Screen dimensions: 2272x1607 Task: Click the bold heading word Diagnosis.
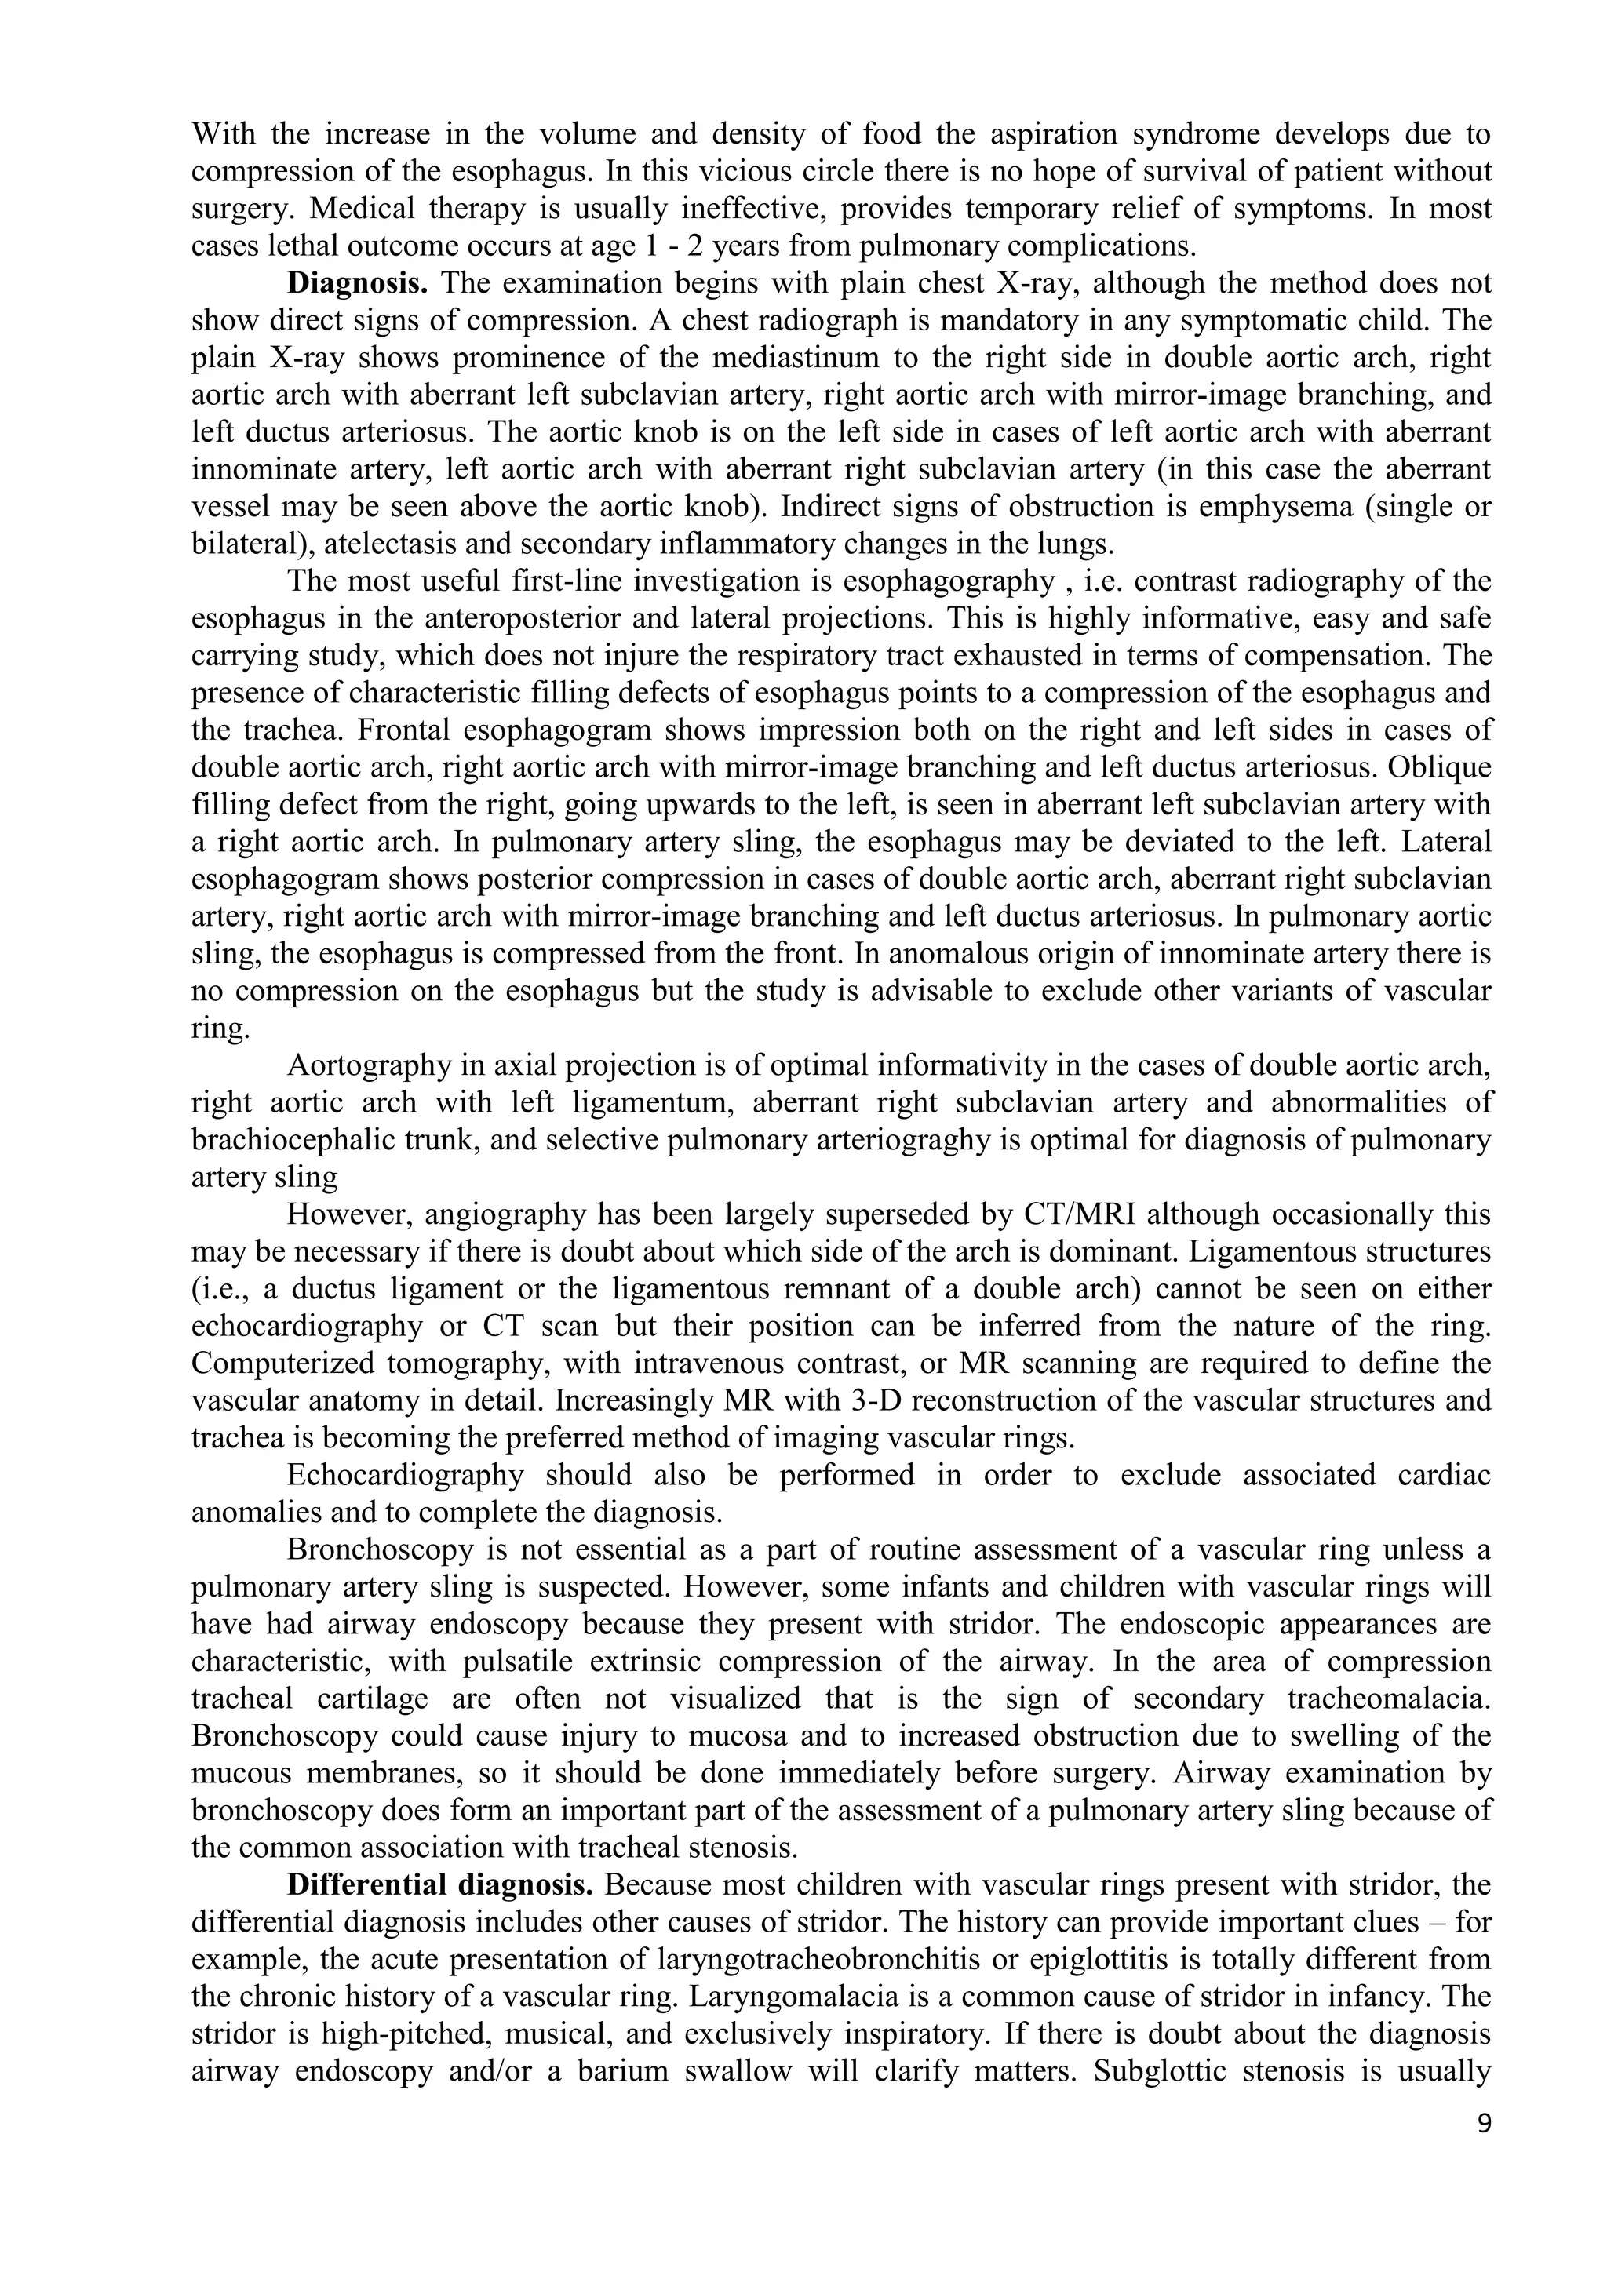coord(357,284)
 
